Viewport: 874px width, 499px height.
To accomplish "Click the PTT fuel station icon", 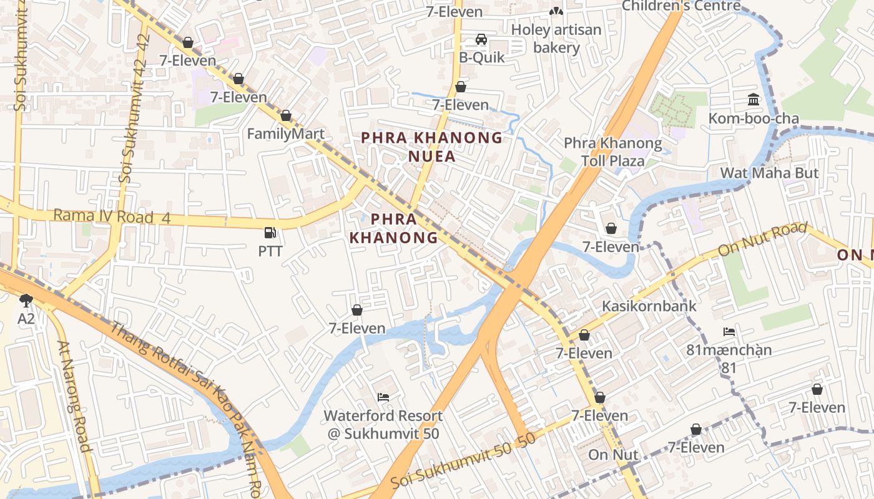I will click(x=270, y=233).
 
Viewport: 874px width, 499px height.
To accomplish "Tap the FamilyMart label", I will click(x=286, y=133).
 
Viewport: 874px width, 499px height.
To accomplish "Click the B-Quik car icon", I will click(x=481, y=39).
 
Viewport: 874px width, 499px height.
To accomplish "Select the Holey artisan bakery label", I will click(x=556, y=39).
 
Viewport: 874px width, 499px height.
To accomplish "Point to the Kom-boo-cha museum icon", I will click(x=754, y=100).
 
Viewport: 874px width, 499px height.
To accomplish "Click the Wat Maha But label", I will click(x=769, y=173).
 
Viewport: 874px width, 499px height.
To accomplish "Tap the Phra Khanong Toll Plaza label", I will click(x=612, y=152).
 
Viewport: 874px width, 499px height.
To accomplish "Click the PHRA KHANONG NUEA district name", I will click(x=432, y=147).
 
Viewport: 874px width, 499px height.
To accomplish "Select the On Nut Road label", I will click(x=762, y=240).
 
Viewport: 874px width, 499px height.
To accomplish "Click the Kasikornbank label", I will click(x=649, y=306).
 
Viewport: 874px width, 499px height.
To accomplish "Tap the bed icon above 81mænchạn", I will click(x=729, y=331).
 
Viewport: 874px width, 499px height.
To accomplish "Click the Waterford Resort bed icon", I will click(x=383, y=397).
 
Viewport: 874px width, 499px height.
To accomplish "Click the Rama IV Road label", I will click(x=104, y=216).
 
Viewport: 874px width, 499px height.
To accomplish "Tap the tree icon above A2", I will click(x=26, y=301).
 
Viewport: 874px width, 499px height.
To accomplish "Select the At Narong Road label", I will click(x=74, y=396).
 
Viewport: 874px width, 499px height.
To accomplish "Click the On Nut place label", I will click(x=613, y=455).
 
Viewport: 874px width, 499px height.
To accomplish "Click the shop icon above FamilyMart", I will click(x=286, y=115).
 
